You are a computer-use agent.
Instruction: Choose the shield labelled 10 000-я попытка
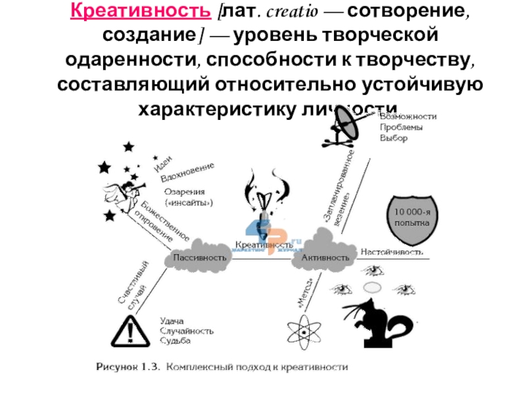(x=412, y=218)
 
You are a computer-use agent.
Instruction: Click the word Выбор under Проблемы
(x=393, y=138)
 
